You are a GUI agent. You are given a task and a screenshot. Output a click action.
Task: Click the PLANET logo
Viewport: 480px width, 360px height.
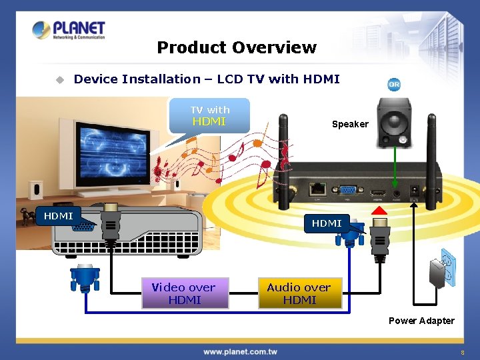[x=69, y=30]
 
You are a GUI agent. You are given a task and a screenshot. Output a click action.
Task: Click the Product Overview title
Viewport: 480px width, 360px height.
[x=237, y=47]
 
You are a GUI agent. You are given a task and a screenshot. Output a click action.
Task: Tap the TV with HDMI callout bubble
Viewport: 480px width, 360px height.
[x=209, y=115]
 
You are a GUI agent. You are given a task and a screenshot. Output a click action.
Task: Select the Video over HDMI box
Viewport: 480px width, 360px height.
[x=185, y=293]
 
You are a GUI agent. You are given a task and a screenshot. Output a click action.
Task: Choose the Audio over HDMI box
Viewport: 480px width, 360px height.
[x=299, y=293]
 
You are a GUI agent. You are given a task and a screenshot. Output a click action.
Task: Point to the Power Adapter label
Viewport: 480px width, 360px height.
[x=421, y=321]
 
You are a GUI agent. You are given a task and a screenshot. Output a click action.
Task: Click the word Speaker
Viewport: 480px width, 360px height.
[x=350, y=124]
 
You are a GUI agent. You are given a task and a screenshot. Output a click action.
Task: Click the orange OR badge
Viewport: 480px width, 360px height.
[x=394, y=85]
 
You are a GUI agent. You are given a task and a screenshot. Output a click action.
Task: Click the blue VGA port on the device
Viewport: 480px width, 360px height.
[x=347, y=189]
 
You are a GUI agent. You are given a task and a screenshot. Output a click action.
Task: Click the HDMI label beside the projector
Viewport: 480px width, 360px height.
[x=59, y=216]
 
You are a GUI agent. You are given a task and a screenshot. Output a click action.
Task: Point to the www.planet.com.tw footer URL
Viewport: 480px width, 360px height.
[x=240, y=351]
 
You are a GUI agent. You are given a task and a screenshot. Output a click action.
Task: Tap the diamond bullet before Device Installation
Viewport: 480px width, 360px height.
[x=59, y=79]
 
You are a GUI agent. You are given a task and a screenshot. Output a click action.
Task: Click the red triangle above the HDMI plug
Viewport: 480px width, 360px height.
[x=379, y=211]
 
